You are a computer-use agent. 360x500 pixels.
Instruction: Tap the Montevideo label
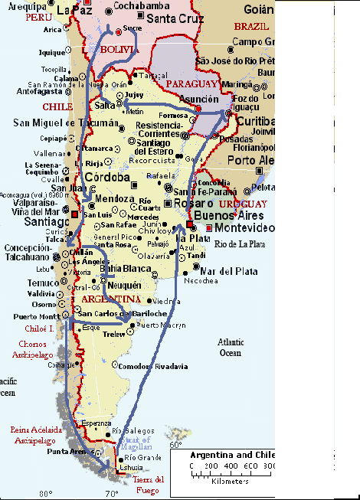pos(244,228)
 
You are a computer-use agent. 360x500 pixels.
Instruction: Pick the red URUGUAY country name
pos(242,204)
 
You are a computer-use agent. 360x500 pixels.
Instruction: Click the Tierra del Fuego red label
pos(149,484)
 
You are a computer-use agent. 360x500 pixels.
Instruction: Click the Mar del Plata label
pos(227,270)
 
